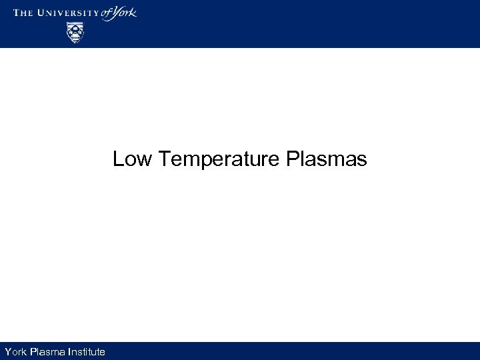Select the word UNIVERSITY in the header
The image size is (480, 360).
[x=69, y=13]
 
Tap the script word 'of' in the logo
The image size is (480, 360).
[x=109, y=13]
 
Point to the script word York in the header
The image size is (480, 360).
[x=126, y=13]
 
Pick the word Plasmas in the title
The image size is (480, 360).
[x=325, y=160]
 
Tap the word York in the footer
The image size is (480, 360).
[x=16, y=351]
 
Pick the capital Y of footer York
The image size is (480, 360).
[x=7, y=351]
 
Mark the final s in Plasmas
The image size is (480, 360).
[x=362, y=162]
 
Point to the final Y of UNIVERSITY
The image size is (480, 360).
[x=97, y=13]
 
